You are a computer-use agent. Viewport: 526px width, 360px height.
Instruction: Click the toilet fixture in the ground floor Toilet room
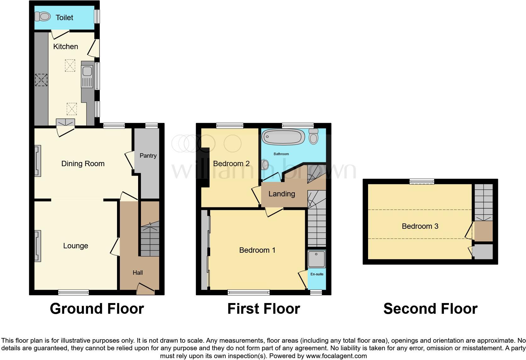point(42,16)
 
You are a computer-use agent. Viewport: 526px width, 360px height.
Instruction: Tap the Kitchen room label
point(65,47)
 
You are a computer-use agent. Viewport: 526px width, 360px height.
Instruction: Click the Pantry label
point(148,155)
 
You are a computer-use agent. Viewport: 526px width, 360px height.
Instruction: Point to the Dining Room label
point(83,164)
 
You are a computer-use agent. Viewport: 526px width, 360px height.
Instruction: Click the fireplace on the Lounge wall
point(38,246)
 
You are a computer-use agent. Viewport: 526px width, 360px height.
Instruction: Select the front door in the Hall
point(146,289)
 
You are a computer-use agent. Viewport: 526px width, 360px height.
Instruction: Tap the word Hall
point(137,273)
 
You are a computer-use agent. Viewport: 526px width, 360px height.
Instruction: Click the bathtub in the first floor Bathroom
point(283,137)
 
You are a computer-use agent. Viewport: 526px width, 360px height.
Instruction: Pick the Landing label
point(282,194)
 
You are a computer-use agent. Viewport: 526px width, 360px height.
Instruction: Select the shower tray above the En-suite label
point(316,259)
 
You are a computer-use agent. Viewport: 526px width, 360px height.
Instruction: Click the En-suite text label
point(317,274)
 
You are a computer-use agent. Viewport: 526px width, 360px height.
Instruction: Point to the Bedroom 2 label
point(231,164)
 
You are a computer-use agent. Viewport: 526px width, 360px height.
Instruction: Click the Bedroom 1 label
point(257,250)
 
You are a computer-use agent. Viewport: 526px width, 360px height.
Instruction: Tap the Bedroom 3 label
point(420,226)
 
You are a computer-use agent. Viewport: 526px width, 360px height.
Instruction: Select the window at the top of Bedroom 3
point(422,182)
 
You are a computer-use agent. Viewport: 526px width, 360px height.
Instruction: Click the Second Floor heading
point(430,309)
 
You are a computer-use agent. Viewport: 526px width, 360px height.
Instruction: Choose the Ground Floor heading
point(97,309)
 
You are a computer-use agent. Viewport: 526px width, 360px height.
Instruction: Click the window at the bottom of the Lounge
point(74,292)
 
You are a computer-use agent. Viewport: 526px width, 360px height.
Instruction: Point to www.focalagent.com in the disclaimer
point(336,356)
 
